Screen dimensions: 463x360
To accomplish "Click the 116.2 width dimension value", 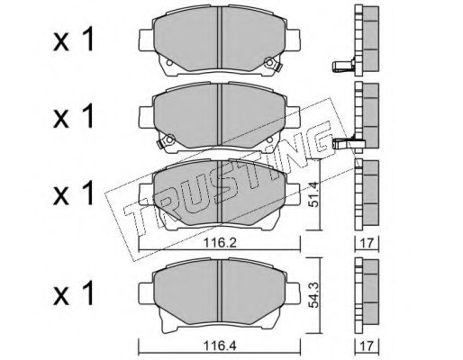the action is tap(220, 242).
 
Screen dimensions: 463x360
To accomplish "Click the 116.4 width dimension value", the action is tap(220, 346).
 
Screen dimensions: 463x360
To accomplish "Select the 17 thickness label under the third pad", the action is tap(367, 243).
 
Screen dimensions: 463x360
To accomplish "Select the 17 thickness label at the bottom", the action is tap(367, 346).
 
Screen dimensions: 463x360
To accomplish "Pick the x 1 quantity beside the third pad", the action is tap(74, 193).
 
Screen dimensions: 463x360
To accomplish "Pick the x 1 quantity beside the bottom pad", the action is tap(74, 292).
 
